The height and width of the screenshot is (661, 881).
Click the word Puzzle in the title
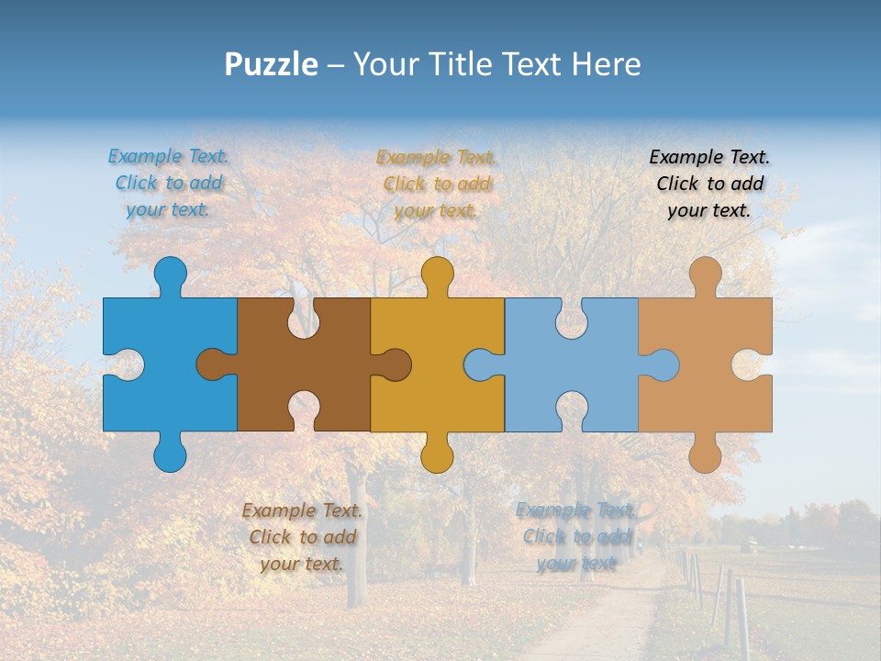pos(271,64)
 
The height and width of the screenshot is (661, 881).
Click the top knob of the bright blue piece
pos(170,274)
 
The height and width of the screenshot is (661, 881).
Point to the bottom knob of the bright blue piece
pos(170,454)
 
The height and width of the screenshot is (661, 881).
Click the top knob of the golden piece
pos(437,274)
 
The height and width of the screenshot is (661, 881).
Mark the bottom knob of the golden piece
pos(437,454)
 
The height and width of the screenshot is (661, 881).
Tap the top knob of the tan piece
pos(705,274)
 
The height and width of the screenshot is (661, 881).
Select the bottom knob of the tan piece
pos(705,454)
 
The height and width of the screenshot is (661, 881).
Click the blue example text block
pos(168,183)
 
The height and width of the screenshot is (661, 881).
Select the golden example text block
pos(437,184)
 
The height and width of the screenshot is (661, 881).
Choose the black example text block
pos(709,184)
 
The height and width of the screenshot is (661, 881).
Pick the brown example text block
pos(302,537)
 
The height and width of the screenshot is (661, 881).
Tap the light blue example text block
pos(575,537)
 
